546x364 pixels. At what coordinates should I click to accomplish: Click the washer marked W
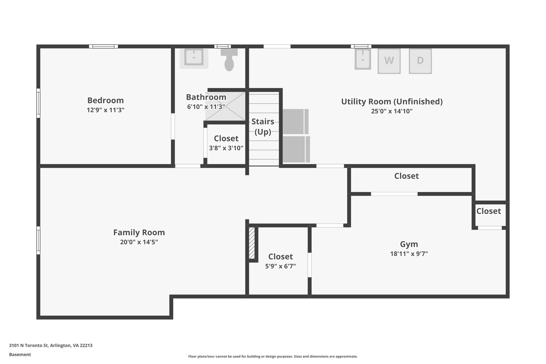(x=389, y=61)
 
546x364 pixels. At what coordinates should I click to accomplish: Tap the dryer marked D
(x=420, y=61)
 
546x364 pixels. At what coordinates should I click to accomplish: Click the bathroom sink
(x=194, y=57)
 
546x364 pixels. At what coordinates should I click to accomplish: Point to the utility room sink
(x=363, y=59)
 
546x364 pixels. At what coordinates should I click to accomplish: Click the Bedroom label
(x=106, y=101)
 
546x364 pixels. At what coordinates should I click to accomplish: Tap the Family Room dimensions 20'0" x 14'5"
(x=139, y=242)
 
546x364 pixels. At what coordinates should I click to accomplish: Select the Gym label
(x=409, y=244)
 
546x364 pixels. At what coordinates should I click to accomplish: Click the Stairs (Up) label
(x=263, y=127)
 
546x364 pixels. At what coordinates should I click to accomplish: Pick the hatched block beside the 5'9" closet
(x=252, y=243)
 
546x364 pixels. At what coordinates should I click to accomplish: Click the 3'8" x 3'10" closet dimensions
(x=226, y=148)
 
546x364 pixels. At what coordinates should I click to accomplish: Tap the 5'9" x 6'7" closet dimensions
(x=280, y=266)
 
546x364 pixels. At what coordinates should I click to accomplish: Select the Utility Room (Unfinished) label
(x=392, y=102)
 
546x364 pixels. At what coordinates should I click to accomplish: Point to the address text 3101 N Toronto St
(x=51, y=346)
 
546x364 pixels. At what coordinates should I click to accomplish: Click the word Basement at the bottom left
(x=20, y=355)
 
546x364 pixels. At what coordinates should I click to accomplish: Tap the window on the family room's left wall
(x=38, y=240)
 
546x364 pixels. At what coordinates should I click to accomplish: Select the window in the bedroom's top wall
(x=103, y=46)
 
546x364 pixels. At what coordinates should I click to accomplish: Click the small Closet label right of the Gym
(x=488, y=211)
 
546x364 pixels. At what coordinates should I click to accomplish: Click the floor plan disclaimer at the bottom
(x=273, y=357)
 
